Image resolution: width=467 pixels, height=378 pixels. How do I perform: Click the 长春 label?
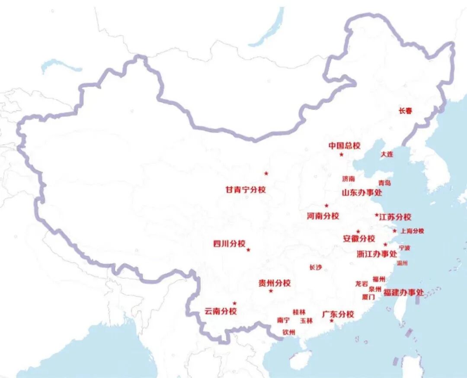[x=405, y=111]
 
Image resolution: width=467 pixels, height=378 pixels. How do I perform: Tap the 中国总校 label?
[x=344, y=146]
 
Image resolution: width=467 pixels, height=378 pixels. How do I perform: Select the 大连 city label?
[x=387, y=154]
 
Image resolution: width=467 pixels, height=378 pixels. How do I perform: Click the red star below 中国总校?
[x=341, y=155]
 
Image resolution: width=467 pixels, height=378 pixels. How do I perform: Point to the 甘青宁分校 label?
[x=246, y=190]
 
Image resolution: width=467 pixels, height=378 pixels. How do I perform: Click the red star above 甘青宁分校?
[x=266, y=174]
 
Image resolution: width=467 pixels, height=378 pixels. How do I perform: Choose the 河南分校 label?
[x=323, y=216]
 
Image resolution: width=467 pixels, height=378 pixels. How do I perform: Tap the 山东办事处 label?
[x=362, y=193]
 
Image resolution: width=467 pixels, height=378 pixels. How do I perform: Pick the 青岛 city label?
[x=384, y=183]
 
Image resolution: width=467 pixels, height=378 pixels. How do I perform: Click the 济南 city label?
[x=348, y=178]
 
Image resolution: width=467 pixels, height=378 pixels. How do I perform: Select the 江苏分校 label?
[x=395, y=217]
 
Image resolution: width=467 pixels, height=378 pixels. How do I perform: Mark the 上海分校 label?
[x=412, y=231]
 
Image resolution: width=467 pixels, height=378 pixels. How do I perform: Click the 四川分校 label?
[x=229, y=243]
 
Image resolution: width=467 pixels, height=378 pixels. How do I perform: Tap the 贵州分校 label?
[x=275, y=283]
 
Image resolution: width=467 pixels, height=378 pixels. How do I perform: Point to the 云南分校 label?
[x=221, y=311]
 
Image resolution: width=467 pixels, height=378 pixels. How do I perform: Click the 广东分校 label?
[x=338, y=314]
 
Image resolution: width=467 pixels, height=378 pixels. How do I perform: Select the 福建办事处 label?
[x=403, y=293]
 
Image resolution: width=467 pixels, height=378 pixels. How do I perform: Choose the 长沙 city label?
[x=316, y=268]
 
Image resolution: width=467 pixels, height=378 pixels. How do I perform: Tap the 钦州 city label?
[x=288, y=332]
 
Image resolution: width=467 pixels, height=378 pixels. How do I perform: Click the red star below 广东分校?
[x=332, y=321]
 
